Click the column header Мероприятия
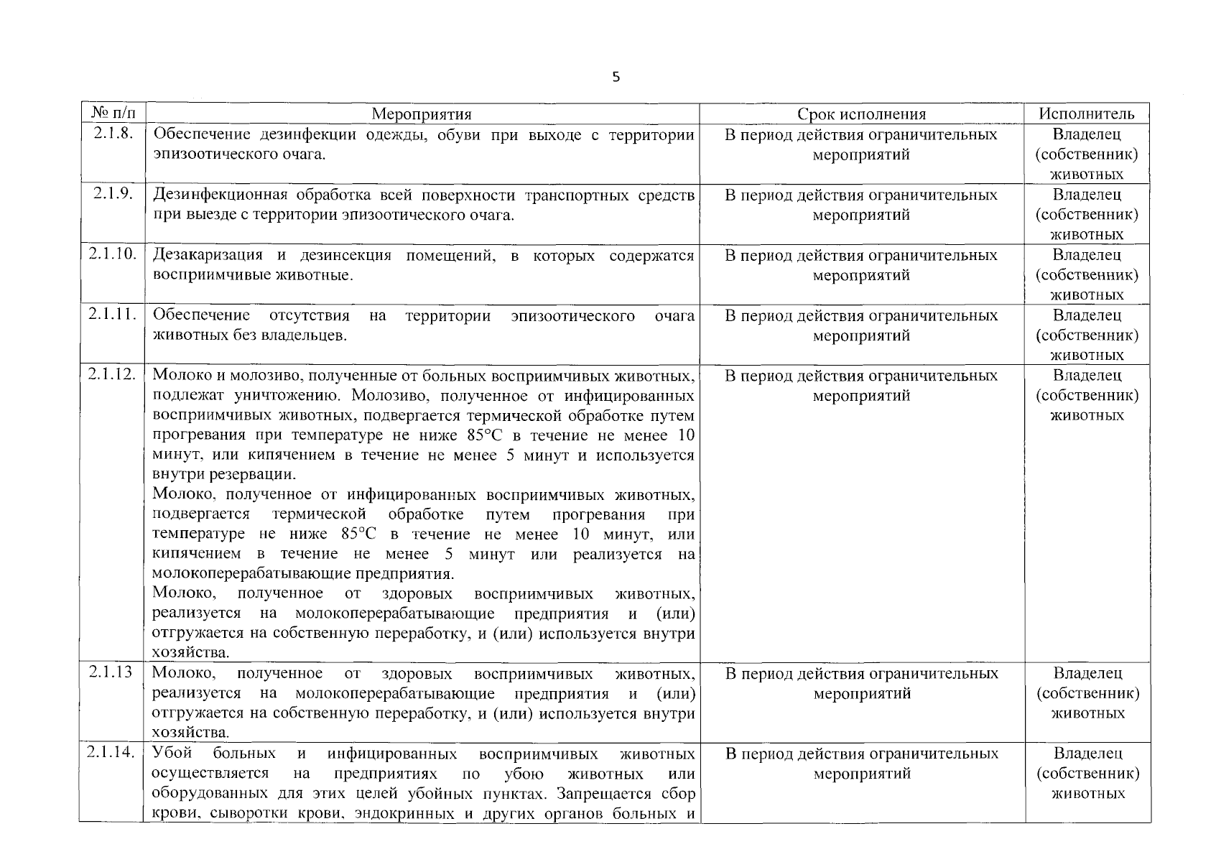422,114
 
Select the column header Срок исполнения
861,114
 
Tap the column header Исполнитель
1087,114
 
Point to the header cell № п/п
112,113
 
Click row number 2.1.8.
112,134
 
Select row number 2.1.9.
112,195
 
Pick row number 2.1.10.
112,255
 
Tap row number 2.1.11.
112,315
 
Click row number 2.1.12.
112,375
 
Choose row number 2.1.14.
112,753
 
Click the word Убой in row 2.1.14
172,754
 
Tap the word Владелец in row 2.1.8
1087,134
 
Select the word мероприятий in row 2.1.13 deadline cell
862,694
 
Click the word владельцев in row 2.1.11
306,335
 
